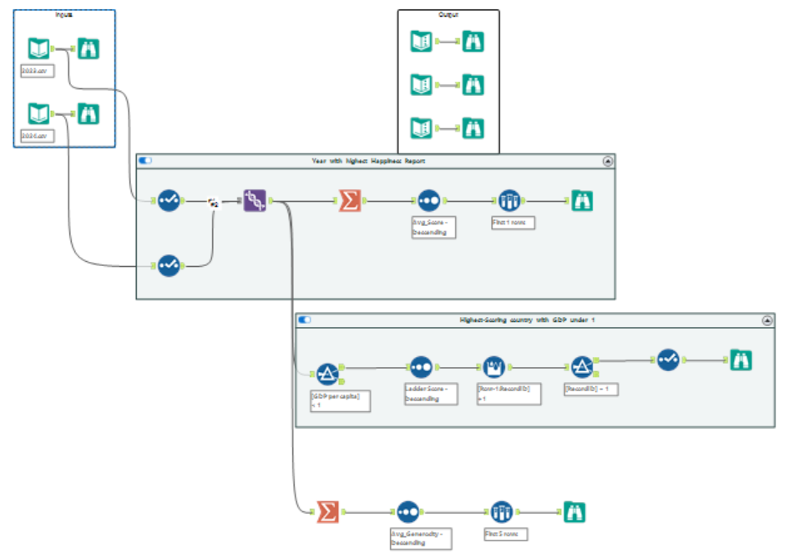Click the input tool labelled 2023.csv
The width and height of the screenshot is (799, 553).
38,48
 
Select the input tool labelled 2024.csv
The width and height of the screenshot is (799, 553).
38,113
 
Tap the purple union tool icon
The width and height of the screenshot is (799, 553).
255,200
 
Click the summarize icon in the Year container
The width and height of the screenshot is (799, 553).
349,200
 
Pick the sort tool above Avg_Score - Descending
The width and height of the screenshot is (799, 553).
429,200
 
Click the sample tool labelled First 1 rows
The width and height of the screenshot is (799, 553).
508,200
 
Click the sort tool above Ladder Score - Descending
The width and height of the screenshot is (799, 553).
421,366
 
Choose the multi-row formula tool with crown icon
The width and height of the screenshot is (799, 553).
494,366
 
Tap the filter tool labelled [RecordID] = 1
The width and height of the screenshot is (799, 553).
582,366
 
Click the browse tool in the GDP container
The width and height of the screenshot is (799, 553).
741,359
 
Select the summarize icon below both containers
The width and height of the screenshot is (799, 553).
326,511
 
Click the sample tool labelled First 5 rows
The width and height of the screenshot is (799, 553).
501,511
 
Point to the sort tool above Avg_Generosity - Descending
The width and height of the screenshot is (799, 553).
407,511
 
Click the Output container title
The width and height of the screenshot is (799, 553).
448,15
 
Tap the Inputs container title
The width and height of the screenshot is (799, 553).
63,14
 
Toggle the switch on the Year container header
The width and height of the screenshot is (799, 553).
145,160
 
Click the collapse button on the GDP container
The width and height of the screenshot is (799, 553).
767,320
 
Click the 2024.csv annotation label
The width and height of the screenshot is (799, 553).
38,136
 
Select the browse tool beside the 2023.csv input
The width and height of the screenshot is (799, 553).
88,48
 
